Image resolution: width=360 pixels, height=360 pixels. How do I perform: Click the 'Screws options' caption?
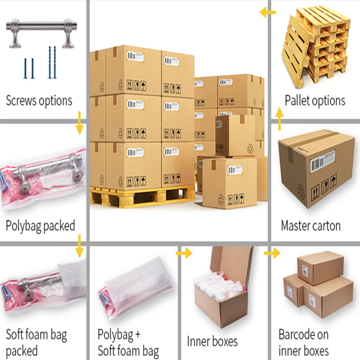(x=39, y=100)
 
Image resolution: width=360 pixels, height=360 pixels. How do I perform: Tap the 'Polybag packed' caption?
(x=40, y=225)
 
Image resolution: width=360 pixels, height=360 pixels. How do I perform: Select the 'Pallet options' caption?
(x=315, y=100)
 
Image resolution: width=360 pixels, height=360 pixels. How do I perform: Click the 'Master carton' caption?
(x=310, y=225)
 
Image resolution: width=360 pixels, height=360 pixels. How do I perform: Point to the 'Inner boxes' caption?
(x=212, y=341)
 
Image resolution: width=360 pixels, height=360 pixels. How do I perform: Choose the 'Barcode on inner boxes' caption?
(x=304, y=342)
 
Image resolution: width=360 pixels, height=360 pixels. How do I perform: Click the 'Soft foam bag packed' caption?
(x=36, y=342)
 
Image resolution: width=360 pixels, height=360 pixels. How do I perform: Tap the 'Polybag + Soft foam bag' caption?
(x=128, y=342)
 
